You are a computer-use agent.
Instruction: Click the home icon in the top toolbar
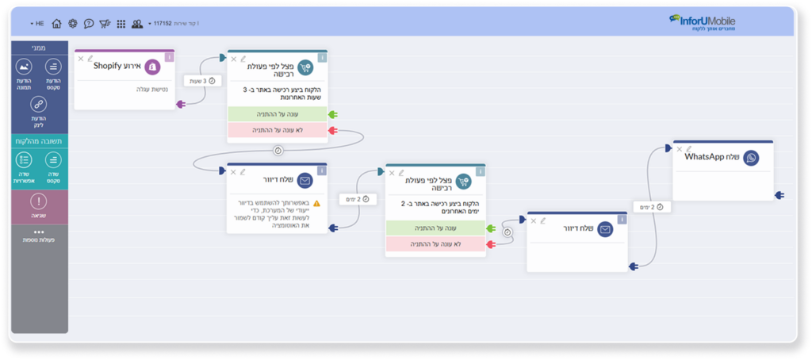(x=57, y=24)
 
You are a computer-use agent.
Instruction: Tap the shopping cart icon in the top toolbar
(x=104, y=24)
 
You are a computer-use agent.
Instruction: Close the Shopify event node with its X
(x=81, y=58)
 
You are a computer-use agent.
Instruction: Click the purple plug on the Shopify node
(x=181, y=104)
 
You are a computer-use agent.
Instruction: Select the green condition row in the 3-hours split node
(x=277, y=114)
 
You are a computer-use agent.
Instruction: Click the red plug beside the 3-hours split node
(x=333, y=129)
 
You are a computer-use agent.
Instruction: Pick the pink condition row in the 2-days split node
(x=435, y=244)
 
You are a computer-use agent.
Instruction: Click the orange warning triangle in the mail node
(x=316, y=203)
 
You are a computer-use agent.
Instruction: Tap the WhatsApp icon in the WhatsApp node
(x=751, y=158)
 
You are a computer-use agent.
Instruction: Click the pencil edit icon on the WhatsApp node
(x=689, y=148)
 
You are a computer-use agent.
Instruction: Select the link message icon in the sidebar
(x=39, y=104)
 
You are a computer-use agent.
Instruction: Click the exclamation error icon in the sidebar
(x=39, y=199)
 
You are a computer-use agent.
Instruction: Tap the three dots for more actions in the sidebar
(x=39, y=232)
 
